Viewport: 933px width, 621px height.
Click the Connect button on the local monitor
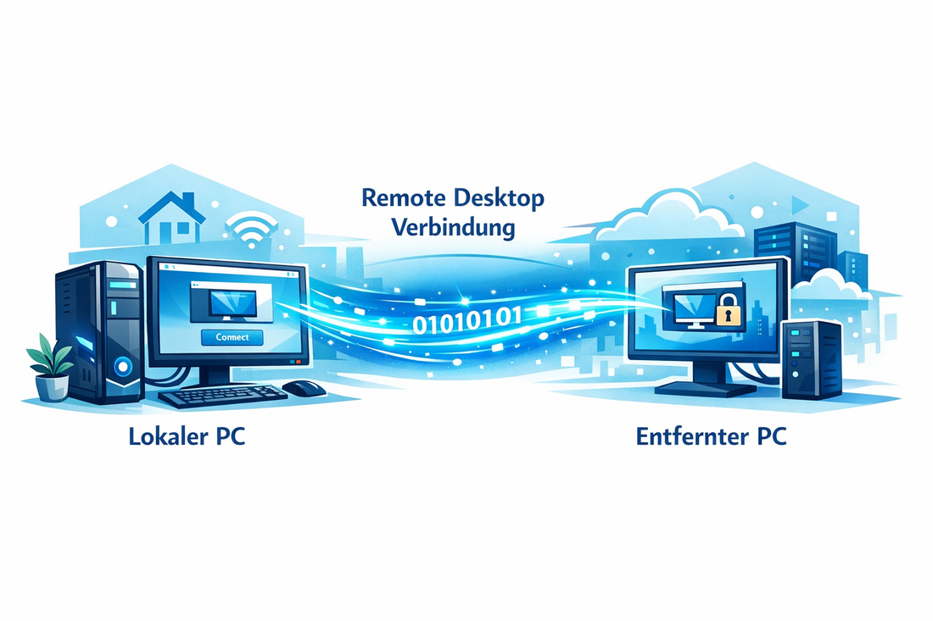[x=233, y=337]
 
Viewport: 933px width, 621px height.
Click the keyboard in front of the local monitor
[x=222, y=394]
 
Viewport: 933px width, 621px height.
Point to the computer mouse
[x=304, y=388]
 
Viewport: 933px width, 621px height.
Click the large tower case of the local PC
[x=100, y=330]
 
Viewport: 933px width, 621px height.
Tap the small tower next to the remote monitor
[x=811, y=359]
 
